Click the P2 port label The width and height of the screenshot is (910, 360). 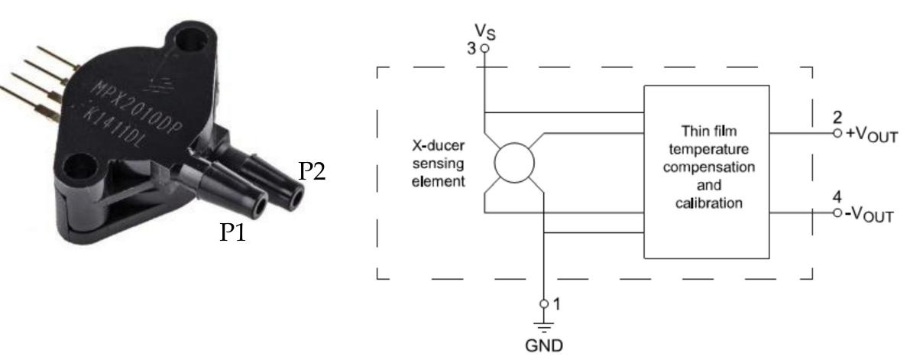point(312,172)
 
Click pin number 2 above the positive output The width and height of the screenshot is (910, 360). point(838,117)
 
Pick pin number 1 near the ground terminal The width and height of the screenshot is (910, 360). point(556,303)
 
